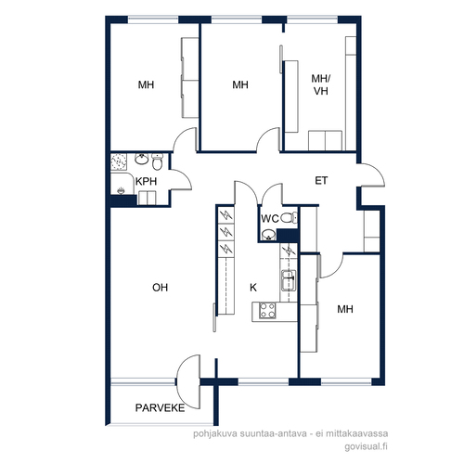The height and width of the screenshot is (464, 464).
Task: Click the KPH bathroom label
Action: (146, 181)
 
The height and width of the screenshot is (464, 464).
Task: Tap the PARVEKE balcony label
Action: (160, 407)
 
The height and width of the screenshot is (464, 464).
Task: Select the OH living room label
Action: (160, 288)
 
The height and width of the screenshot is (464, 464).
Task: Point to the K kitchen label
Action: (253, 288)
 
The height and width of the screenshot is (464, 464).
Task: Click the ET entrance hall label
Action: (321, 181)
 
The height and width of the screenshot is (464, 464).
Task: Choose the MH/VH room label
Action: (321, 84)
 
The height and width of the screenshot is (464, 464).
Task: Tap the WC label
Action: (270, 219)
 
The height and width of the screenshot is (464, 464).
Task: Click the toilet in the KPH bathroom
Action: (158, 161)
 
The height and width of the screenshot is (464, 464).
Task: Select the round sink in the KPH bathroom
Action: (142, 159)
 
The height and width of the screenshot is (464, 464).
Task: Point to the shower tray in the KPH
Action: (119, 161)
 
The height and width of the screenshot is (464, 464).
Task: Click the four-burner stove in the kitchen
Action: (267, 311)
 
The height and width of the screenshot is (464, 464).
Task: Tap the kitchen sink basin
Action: (289, 280)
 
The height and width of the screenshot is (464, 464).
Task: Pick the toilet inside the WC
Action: (289, 218)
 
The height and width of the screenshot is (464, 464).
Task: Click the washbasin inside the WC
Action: (268, 236)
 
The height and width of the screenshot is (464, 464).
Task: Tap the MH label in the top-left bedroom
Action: (146, 84)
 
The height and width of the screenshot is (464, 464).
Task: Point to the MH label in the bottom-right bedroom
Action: (345, 309)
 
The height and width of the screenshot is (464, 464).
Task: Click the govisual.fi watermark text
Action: (367, 447)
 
